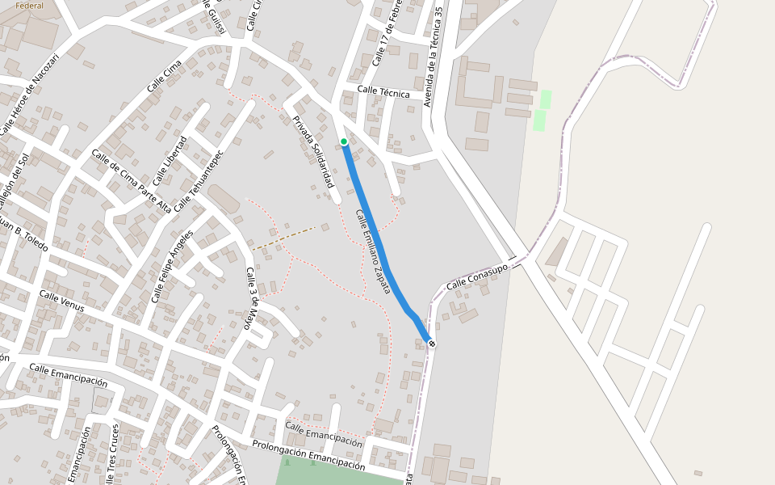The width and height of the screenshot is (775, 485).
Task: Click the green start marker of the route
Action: [x=344, y=142]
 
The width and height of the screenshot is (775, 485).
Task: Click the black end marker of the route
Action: [x=432, y=344]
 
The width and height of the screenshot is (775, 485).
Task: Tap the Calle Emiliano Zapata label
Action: [x=373, y=251]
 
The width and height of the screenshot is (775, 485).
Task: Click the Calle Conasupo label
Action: [x=477, y=276]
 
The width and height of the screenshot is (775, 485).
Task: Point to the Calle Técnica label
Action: [x=383, y=92]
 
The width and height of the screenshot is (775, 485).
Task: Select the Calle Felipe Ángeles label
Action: [x=172, y=267]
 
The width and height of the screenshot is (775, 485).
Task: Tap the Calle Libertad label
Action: [x=169, y=159]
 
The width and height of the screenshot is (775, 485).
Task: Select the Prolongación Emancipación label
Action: [x=308, y=455]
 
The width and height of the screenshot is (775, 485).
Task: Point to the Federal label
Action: [x=29, y=6]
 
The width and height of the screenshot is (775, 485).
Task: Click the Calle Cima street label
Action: [x=165, y=78]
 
